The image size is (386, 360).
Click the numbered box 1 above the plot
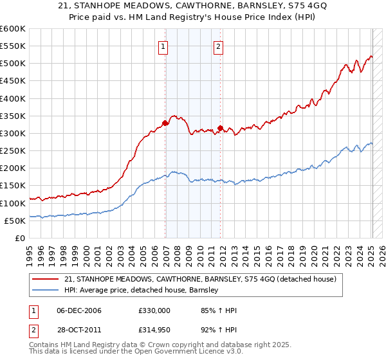point(164,46)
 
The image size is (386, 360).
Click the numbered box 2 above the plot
point(219,46)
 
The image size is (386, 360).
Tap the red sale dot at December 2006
point(165,123)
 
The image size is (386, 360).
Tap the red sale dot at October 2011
point(221,128)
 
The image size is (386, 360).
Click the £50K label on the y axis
point(15,221)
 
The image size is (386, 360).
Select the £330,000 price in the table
point(154,310)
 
